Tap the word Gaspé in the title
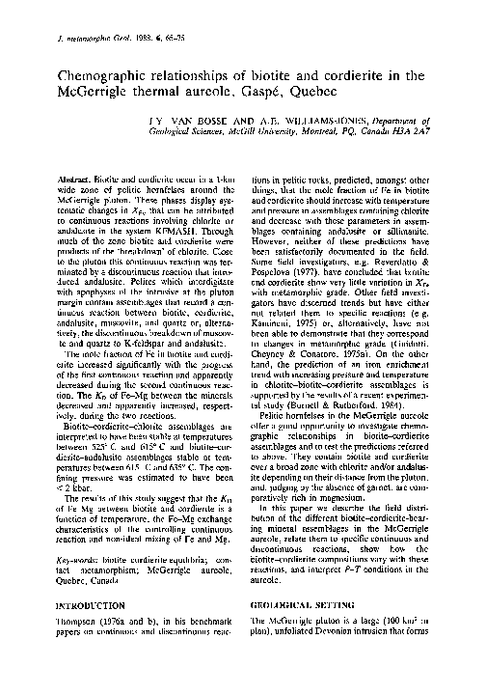(x=273, y=93)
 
